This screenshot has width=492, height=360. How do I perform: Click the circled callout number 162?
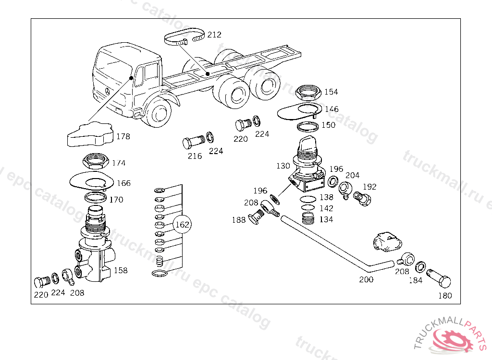pyautogui.click(x=182, y=225)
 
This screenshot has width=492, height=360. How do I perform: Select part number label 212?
pyautogui.click(x=214, y=35)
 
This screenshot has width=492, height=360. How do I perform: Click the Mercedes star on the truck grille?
pyautogui.click(x=107, y=91)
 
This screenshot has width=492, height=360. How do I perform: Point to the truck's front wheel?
pyautogui.click(x=159, y=112)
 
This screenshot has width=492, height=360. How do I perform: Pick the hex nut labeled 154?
pyautogui.click(x=308, y=93)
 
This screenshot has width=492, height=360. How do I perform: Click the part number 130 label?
pyautogui.click(x=283, y=166)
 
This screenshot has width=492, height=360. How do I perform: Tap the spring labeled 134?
pyautogui.click(x=308, y=218)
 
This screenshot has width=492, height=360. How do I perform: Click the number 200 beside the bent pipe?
pyautogui.click(x=366, y=279)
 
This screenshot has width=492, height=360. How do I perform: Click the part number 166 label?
pyautogui.click(x=123, y=183)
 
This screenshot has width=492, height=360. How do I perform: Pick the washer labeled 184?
pyautogui.click(x=420, y=267)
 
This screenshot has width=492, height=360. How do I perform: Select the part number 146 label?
pyautogui.click(x=332, y=109)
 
